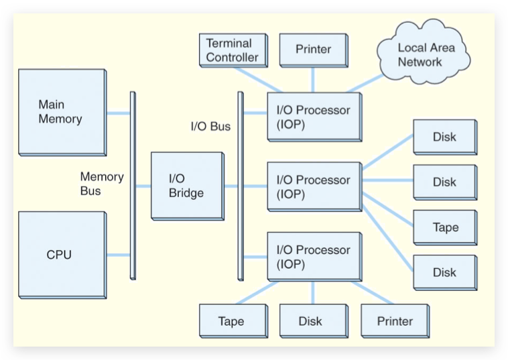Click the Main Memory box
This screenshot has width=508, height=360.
coord(62,112)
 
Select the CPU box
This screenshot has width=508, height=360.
coord(62,255)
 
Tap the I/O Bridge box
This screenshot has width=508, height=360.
coord(187,185)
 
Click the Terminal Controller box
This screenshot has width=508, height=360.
coord(232,50)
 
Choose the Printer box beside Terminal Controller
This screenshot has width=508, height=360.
coord(313,50)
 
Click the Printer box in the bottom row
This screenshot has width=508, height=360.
coord(395,321)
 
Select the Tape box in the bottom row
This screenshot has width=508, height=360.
coord(231,321)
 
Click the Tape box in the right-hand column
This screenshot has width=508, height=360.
coord(445,227)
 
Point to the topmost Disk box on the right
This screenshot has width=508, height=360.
coord(444,137)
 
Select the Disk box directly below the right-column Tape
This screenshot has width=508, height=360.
coord(444,272)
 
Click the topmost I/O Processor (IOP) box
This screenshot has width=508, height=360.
coord(314,117)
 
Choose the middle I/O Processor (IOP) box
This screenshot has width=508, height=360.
coord(314,187)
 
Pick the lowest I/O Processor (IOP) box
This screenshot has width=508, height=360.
coord(314,257)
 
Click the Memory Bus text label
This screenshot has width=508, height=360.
coord(102,184)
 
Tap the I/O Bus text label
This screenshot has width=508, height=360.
coord(210,126)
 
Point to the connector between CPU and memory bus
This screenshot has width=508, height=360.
coord(118,255)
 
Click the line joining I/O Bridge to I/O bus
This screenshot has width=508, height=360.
coord(231,186)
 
